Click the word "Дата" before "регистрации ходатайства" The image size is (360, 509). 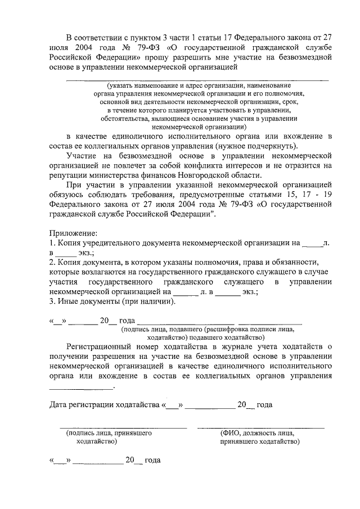tap(59, 404)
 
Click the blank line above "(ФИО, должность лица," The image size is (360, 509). tap(260, 428)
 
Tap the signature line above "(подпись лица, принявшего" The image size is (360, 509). tap(123, 428)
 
